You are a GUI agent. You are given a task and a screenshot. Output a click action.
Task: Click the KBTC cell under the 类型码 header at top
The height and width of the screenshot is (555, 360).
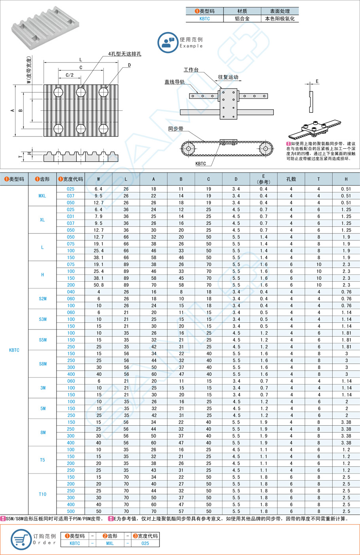[205, 19]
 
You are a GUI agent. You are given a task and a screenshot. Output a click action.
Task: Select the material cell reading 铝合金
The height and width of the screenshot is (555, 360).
[242, 19]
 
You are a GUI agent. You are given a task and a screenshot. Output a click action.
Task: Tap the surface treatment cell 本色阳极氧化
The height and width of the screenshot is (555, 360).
[280, 19]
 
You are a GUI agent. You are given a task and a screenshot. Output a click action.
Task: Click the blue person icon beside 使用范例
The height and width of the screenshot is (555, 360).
[167, 42]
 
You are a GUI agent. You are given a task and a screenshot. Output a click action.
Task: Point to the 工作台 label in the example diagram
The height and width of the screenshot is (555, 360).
[191, 70]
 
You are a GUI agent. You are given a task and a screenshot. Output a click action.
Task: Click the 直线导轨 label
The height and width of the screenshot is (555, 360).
[174, 82]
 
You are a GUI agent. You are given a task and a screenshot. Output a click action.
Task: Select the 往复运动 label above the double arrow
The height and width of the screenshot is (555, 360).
[228, 77]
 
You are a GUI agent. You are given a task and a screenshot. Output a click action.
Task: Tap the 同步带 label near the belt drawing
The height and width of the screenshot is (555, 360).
[176, 129]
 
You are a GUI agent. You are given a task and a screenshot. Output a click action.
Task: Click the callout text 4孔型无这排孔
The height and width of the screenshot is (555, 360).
[125, 54]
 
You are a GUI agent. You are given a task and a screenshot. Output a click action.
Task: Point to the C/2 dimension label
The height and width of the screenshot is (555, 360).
[70, 75]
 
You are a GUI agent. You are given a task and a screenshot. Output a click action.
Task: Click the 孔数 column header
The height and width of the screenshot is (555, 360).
[291, 179]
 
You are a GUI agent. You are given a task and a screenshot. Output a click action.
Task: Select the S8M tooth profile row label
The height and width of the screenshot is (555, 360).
[43, 364]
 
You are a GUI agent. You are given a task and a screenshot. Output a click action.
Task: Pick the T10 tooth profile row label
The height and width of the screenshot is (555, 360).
[43, 494]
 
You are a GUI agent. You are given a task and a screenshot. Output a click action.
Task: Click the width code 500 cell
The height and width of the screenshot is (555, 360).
[71, 511]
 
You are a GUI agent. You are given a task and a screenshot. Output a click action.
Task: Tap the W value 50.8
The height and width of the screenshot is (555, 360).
[99, 285]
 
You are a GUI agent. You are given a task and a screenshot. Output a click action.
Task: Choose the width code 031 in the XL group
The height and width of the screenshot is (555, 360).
[71, 216]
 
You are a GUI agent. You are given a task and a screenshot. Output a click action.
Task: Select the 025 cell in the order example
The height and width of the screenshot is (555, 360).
[145, 543]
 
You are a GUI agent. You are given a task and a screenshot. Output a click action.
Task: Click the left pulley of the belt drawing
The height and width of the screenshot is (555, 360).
[188, 149]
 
